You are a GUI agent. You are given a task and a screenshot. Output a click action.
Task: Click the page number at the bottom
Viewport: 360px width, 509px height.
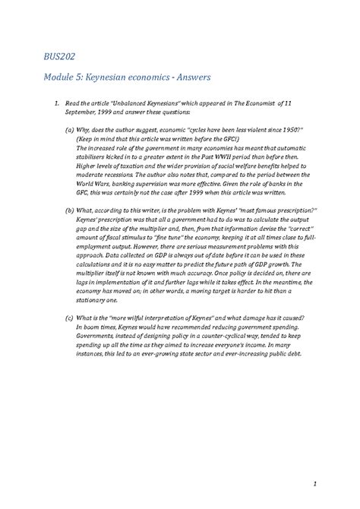(313, 485)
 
